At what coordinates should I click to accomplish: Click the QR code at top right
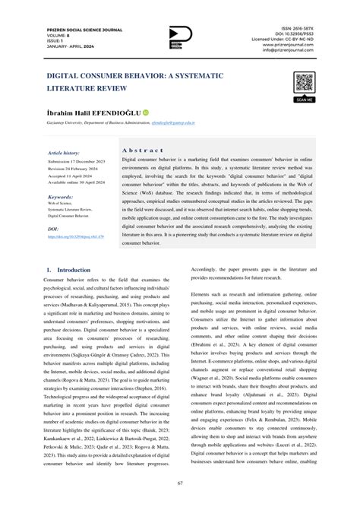pos(305,82)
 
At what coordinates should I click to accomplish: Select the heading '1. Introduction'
pos(69,270)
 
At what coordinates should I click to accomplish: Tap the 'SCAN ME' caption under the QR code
pos(305,100)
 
